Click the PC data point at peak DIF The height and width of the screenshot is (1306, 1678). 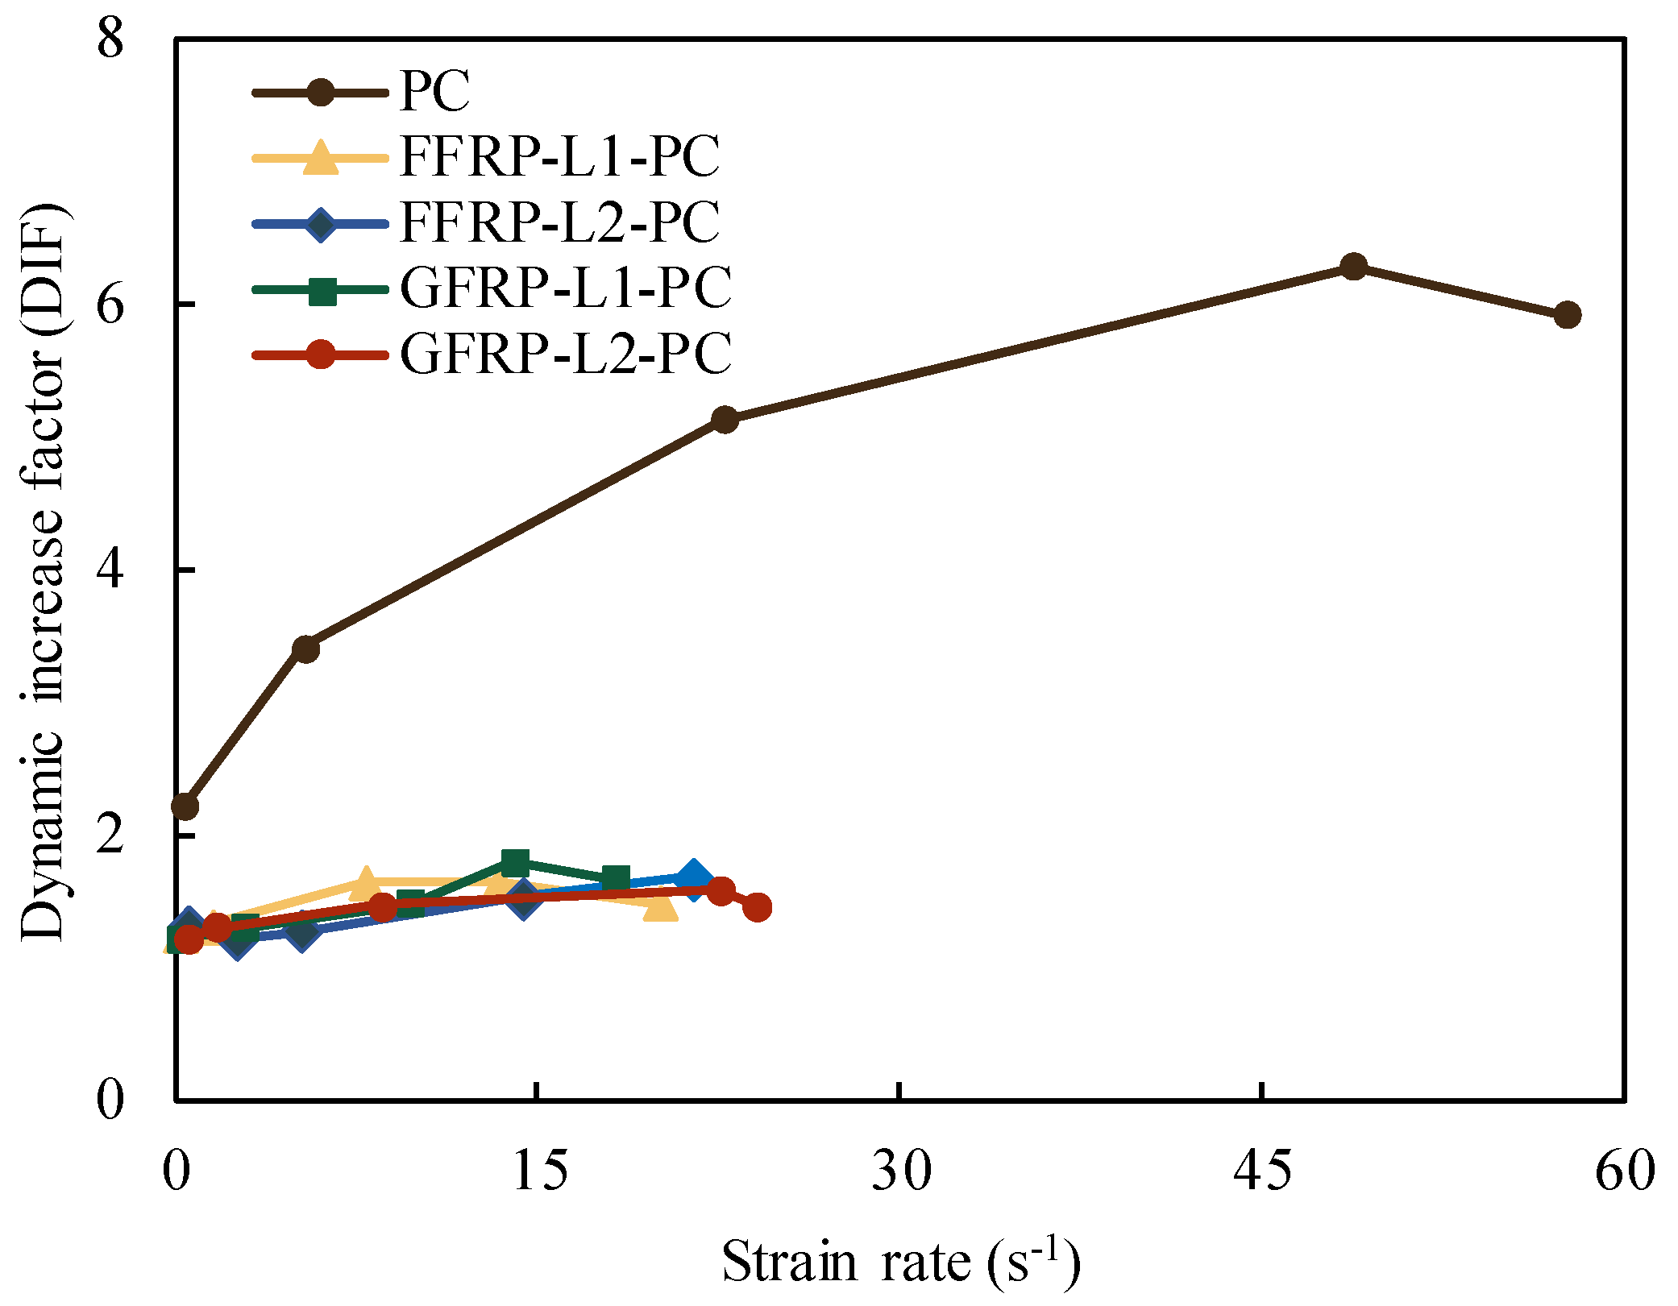pos(1353,267)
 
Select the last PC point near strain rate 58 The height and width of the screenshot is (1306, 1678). pos(1567,315)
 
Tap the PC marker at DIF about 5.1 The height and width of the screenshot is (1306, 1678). pos(725,420)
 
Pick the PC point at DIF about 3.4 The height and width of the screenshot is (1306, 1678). pos(306,649)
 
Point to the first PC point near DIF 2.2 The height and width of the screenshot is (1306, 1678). pos(185,806)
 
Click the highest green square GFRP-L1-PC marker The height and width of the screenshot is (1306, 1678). pos(515,863)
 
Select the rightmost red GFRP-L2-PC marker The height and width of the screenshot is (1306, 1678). pos(758,907)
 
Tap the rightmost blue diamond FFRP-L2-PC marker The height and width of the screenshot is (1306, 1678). pos(693,878)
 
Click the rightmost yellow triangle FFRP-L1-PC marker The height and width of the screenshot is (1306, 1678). pos(661,906)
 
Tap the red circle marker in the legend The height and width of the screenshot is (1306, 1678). pos(321,354)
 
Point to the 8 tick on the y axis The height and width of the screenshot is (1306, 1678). pos(110,39)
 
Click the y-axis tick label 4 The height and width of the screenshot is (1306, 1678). pos(110,570)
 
